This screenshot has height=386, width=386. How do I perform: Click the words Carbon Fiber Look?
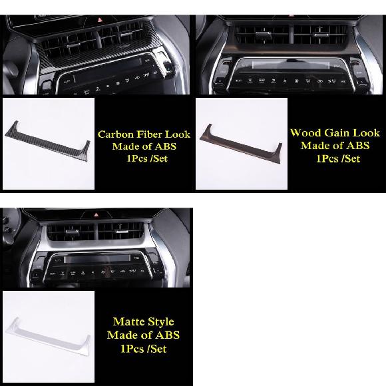pyautogui.click(x=144, y=134)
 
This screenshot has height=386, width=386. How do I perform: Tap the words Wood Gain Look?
pyautogui.click(x=335, y=133)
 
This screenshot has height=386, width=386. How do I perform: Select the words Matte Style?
pyautogui.click(x=144, y=322)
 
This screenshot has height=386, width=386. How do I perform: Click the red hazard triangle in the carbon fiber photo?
pyautogui.click(x=100, y=19)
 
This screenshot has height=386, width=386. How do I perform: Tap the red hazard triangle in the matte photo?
pyautogui.click(x=96, y=215)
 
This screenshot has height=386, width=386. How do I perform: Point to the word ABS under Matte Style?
pyautogui.click(x=168, y=335)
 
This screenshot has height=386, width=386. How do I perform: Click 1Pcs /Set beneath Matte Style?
pyautogui.click(x=144, y=349)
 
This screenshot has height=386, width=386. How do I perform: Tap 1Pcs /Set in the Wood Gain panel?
pyautogui.click(x=338, y=158)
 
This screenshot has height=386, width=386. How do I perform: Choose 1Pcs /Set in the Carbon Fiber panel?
pyautogui.click(x=147, y=158)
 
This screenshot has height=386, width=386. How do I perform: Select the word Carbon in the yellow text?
pyautogui.click(x=116, y=134)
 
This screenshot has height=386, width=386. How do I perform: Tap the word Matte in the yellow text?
pyautogui.click(x=128, y=321)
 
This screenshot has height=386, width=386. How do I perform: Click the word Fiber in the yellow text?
pyautogui.click(x=149, y=134)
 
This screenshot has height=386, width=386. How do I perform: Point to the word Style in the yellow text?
pyautogui.click(x=160, y=322)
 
